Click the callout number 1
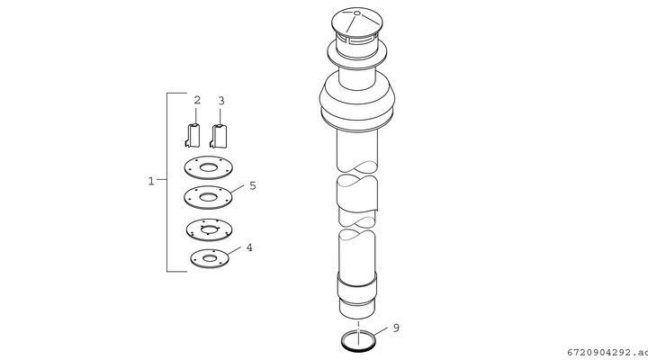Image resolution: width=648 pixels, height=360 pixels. tap(151, 181)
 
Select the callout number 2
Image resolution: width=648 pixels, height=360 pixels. tap(197, 100)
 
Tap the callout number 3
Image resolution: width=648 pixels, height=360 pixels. tap(221, 101)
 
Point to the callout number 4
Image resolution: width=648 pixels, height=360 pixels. tap(249, 247)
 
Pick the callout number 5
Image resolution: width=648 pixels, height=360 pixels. tap(253, 185)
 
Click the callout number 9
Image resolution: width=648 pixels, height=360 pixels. tap(396, 328)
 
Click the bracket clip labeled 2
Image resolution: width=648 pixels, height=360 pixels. tap(193, 135)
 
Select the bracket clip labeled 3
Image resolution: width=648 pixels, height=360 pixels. tap(219, 136)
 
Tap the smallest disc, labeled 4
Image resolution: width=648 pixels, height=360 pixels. tap(210, 258)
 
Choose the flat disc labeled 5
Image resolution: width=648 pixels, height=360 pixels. tap(208, 198)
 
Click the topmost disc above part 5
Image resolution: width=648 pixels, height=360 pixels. tap(208, 167)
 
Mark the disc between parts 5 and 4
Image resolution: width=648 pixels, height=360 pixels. tap(209, 229)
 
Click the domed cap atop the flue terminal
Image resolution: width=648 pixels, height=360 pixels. tap(357, 22)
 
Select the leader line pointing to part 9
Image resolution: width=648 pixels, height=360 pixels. tap(380, 331)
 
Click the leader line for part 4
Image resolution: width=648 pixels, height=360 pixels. tap(234, 250)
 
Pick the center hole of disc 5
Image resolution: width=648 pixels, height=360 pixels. tap(208, 197)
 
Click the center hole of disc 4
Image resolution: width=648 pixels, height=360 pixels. tap(210, 258)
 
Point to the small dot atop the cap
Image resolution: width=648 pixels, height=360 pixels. tap(357, 13)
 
